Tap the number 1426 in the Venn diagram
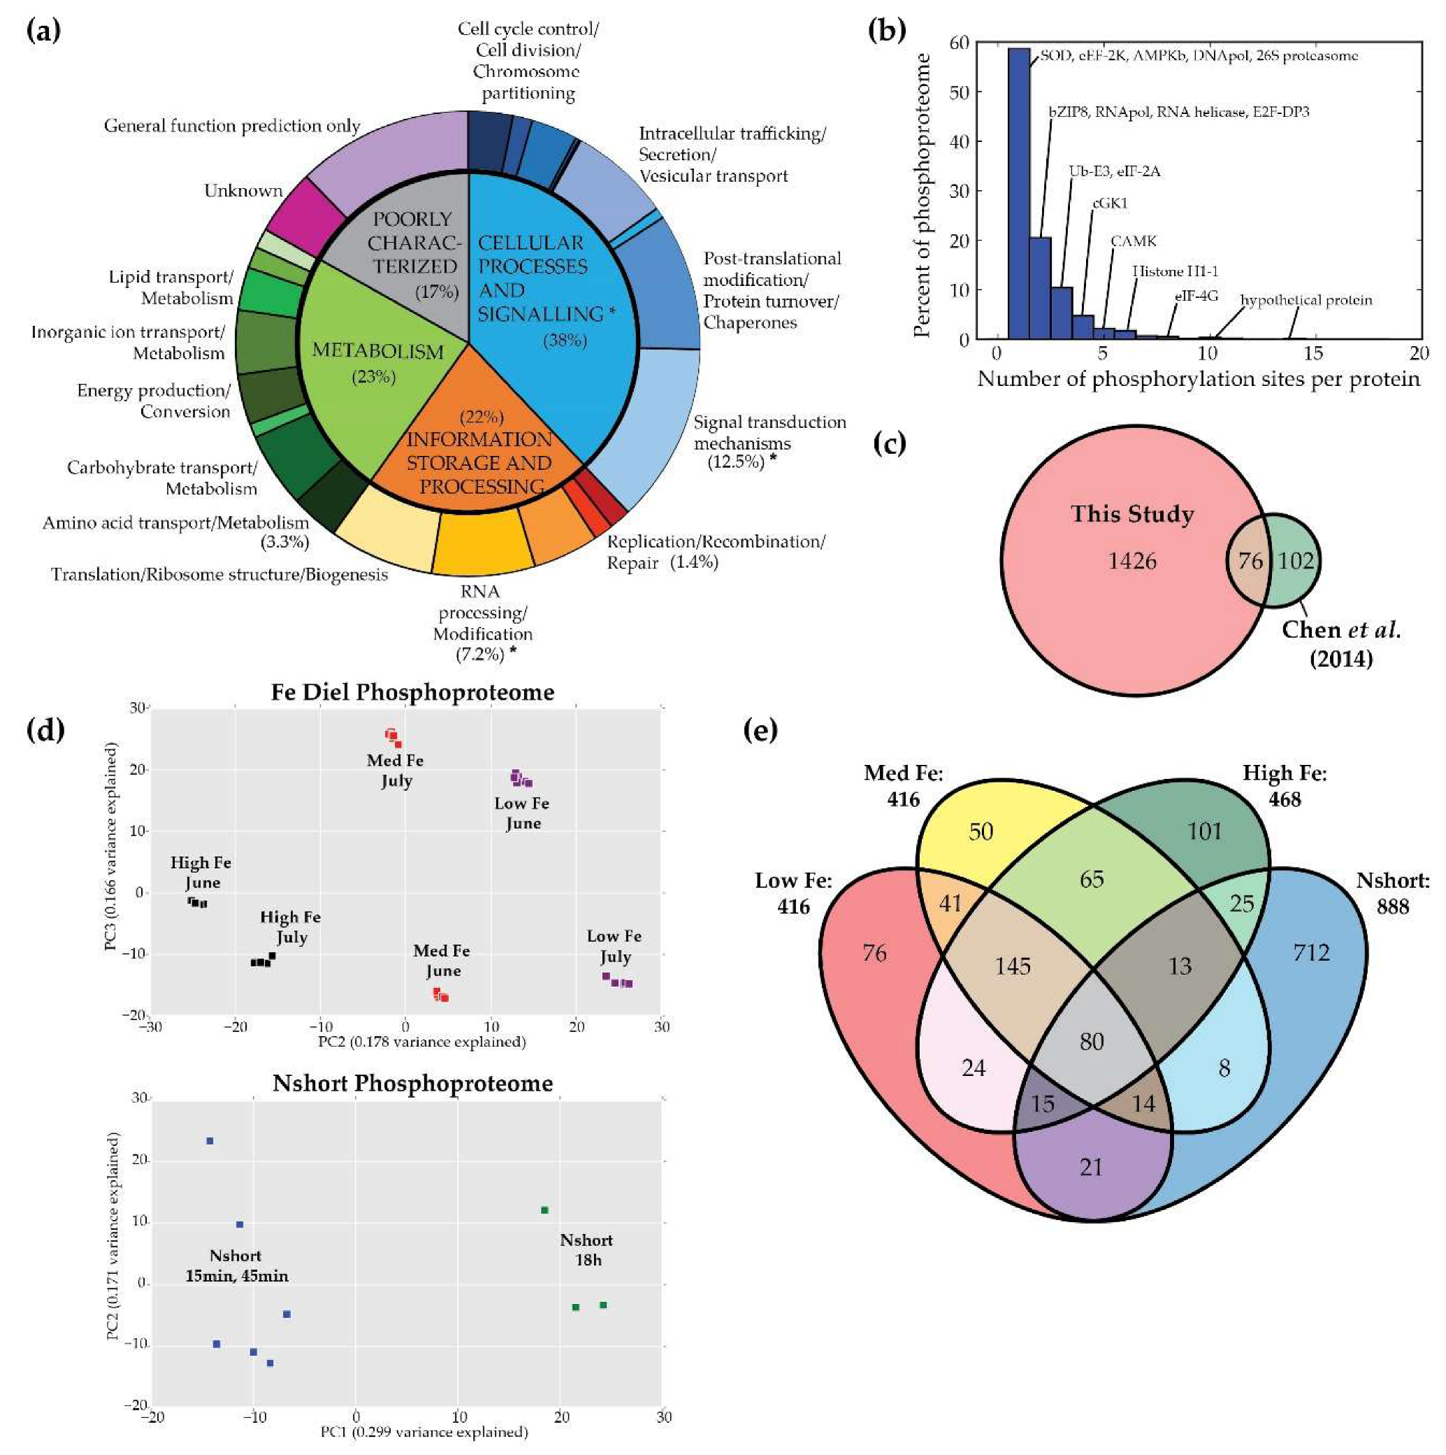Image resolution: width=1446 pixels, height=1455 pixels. pyautogui.click(x=1132, y=561)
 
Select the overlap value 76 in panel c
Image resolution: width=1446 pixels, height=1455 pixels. pyautogui.click(x=1250, y=561)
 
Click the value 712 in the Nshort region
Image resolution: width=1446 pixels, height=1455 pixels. pyautogui.click(x=1311, y=953)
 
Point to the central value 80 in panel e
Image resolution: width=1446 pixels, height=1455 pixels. pyautogui.click(x=1092, y=1042)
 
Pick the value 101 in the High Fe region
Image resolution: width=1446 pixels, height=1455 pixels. pyautogui.click(x=1204, y=831)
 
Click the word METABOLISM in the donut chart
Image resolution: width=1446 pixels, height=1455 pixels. pyautogui.click(x=377, y=352)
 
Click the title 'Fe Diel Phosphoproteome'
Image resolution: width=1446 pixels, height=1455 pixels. pyautogui.click(x=412, y=692)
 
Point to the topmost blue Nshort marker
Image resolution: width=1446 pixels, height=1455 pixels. pyautogui.click(x=210, y=1141)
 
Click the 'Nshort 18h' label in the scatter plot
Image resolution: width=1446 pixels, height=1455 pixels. pyautogui.click(x=586, y=1250)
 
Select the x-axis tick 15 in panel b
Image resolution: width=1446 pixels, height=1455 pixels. pyautogui.click(x=1313, y=353)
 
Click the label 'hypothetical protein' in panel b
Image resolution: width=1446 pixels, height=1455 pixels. pyautogui.click(x=1306, y=301)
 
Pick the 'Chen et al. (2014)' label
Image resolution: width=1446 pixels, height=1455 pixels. pyautogui.click(x=1340, y=644)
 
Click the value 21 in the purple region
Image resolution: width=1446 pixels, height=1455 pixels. pyautogui.click(x=1092, y=1166)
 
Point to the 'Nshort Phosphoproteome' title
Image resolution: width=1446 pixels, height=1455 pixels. pyautogui.click(x=412, y=1083)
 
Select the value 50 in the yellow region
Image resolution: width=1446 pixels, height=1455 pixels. pyautogui.click(x=981, y=831)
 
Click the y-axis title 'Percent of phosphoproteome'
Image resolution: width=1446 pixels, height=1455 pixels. pyautogui.click(x=921, y=196)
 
